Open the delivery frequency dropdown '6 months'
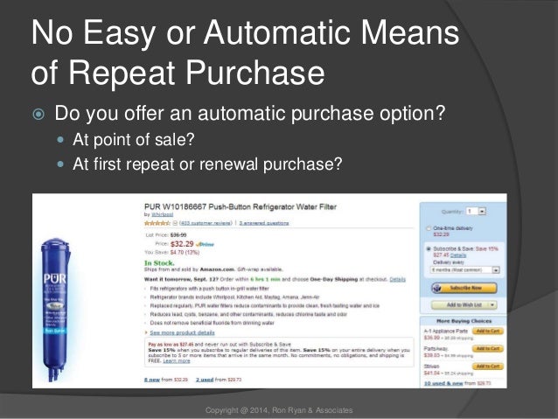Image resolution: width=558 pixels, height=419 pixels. click(464, 271)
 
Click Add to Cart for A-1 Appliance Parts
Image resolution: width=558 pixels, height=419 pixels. click(485, 332)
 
